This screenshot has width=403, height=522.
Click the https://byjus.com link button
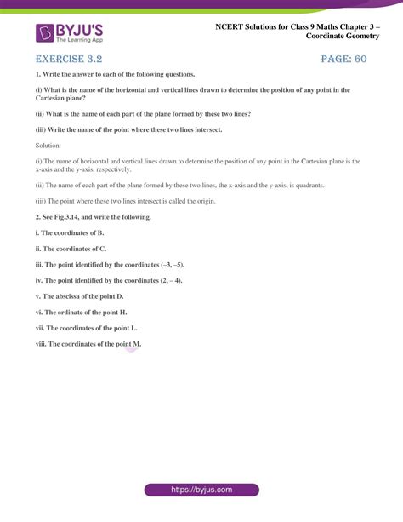pyautogui.click(x=201, y=491)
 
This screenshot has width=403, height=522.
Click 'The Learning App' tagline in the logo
pyautogui.click(x=81, y=41)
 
